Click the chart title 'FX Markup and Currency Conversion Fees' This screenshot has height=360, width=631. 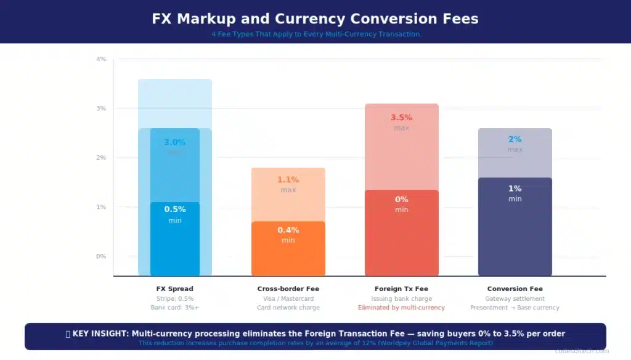pyautogui.click(x=315, y=18)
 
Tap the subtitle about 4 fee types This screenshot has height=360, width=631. pyautogui.click(x=315, y=35)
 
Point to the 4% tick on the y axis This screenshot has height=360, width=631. pyautogui.click(x=101, y=59)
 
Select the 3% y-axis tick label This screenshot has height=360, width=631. pyautogui.click(x=101, y=108)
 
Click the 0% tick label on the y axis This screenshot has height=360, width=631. pyautogui.click(x=101, y=256)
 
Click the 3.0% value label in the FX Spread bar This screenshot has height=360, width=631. pyautogui.click(x=174, y=142)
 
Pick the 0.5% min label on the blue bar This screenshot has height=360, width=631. pyautogui.click(x=174, y=209)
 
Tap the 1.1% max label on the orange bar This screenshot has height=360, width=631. pyautogui.click(x=288, y=179)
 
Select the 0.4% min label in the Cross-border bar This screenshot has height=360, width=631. pyautogui.click(x=288, y=230)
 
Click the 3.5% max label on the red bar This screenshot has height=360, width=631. pyautogui.click(x=401, y=117)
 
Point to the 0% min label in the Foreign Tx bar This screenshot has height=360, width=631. pyautogui.click(x=401, y=199)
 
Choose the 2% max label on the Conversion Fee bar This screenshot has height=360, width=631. pyautogui.click(x=515, y=139)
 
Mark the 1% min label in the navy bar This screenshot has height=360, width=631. pyautogui.click(x=515, y=189)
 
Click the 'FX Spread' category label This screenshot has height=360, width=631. pyautogui.click(x=174, y=288)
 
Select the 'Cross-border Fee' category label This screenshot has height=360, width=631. pyautogui.click(x=288, y=288)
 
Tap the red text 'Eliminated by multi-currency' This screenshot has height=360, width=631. pyautogui.click(x=401, y=308)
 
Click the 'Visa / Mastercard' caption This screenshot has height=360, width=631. pyautogui.click(x=288, y=298)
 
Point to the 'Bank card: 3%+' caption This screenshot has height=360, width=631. pyautogui.click(x=174, y=308)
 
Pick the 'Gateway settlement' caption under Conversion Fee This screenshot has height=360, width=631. pyautogui.click(x=515, y=298)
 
